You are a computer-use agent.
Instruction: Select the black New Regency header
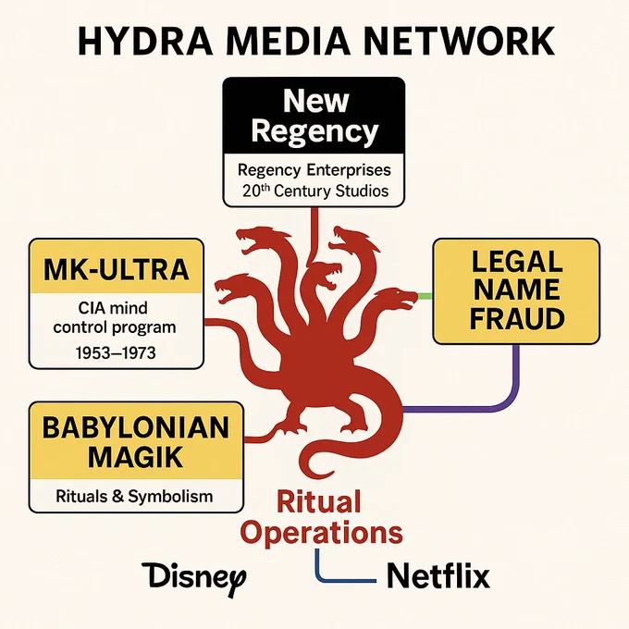pyautogui.click(x=314, y=116)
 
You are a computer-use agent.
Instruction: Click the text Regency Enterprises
pyautogui.click(x=314, y=170)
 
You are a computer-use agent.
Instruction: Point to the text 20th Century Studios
pyautogui.click(x=315, y=191)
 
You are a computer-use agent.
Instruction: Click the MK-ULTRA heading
pyautogui.click(x=117, y=269)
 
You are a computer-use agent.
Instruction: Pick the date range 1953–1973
pyautogui.click(x=116, y=353)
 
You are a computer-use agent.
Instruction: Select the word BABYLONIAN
pyautogui.click(x=136, y=427)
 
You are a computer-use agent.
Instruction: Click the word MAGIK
pyautogui.click(x=136, y=457)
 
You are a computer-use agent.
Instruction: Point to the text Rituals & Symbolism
pyautogui.click(x=134, y=496)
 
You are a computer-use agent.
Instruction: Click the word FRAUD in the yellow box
pyautogui.click(x=517, y=318)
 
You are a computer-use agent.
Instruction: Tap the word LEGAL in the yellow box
pyautogui.click(x=517, y=261)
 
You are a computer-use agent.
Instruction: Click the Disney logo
pyautogui.click(x=193, y=577)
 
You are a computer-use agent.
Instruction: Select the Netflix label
pyautogui.click(x=438, y=575)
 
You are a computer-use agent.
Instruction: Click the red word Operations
pyautogui.click(x=322, y=532)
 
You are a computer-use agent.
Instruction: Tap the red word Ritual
pyautogui.click(x=319, y=501)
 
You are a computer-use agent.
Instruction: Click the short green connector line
pyautogui.click(x=425, y=296)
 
